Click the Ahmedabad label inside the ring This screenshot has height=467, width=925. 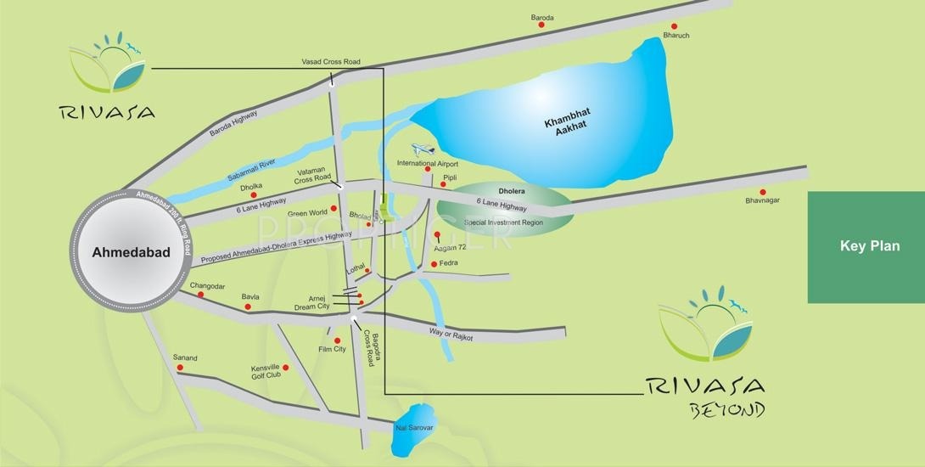click(x=131, y=252)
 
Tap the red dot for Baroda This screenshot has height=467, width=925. click(x=541, y=25)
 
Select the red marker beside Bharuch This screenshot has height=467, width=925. click(x=674, y=26)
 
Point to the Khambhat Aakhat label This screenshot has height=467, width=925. click(x=565, y=123)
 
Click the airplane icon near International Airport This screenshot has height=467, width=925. click(x=422, y=149)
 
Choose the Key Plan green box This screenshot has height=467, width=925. click(x=866, y=247)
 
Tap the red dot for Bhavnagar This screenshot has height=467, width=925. click(x=762, y=192)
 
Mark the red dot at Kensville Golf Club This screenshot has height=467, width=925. click(x=286, y=368)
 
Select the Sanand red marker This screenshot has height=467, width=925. click(x=180, y=368)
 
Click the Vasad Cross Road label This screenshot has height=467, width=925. click(x=331, y=62)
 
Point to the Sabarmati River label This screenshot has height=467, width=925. click(x=252, y=169)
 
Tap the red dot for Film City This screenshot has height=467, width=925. click(x=338, y=340)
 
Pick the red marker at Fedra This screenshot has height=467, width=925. click(x=434, y=264)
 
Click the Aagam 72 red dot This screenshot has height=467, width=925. click(x=437, y=235)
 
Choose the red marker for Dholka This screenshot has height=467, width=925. click(x=253, y=195)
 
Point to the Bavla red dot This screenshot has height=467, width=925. click(x=248, y=307)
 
